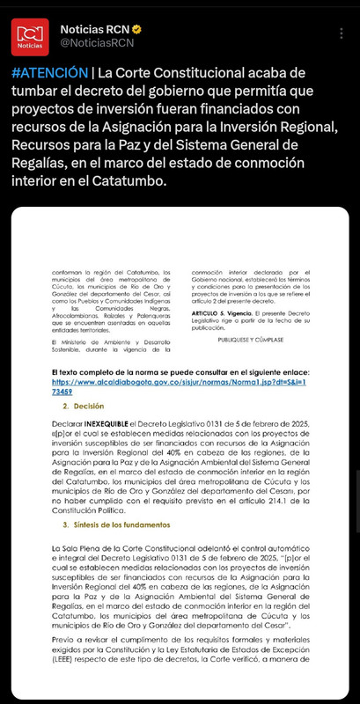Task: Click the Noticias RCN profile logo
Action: pyautogui.click(x=30, y=34)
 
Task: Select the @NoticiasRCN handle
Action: pyautogui.click(x=96, y=42)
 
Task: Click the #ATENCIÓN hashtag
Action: pyautogui.click(x=50, y=71)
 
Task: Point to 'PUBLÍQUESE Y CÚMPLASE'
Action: pyautogui.click(x=246, y=336)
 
